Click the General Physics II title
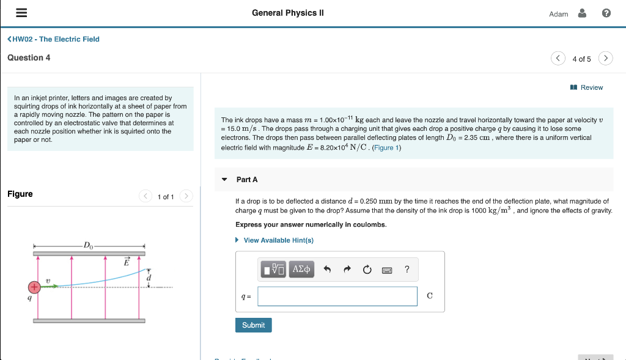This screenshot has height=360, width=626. (x=287, y=13)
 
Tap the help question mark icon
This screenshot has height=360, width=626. (x=606, y=13)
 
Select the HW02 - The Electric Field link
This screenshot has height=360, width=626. (x=53, y=39)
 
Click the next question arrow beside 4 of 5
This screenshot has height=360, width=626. (x=605, y=59)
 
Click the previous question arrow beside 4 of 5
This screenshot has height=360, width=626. (x=558, y=59)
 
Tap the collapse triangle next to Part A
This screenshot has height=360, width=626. (x=224, y=180)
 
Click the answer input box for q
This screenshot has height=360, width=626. (x=337, y=296)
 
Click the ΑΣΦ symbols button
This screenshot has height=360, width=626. (x=302, y=269)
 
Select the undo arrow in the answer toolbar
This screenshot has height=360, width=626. (x=327, y=269)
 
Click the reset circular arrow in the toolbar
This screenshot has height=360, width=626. (x=367, y=269)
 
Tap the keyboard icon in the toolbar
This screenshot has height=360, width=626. (x=387, y=270)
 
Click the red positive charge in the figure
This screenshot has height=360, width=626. (x=34, y=286)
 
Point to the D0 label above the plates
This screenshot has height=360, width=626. (x=89, y=246)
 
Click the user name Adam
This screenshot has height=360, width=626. (x=559, y=14)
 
